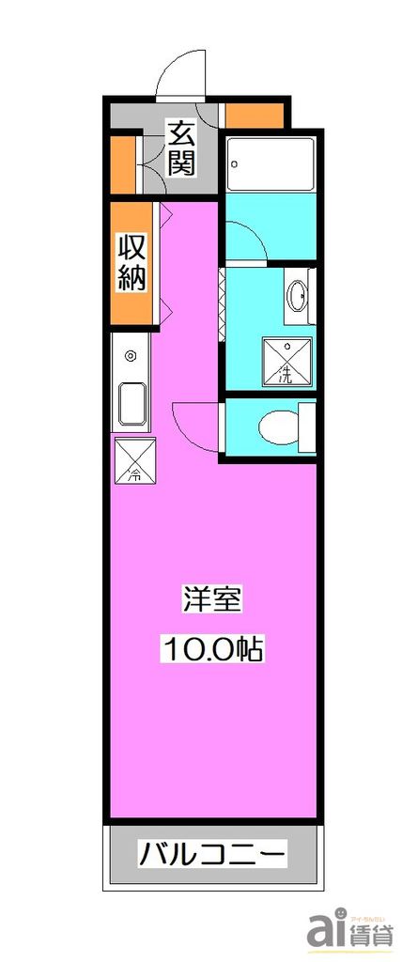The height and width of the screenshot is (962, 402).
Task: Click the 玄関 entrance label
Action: [x=182, y=148]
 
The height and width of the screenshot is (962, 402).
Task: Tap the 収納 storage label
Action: [x=131, y=264]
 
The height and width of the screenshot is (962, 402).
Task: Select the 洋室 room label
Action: [x=212, y=599]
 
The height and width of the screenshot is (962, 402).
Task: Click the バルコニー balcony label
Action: [x=212, y=856]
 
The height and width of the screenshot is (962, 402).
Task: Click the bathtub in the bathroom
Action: [x=271, y=165]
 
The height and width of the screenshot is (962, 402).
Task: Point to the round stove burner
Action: [x=130, y=356]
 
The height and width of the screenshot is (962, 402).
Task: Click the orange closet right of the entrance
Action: [x=255, y=116]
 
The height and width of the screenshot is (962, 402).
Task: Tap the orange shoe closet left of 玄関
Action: [x=122, y=164]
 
